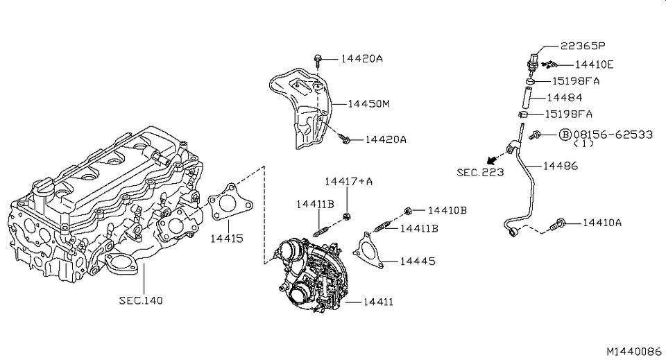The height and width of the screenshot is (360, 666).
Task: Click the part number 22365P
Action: coord(582,46)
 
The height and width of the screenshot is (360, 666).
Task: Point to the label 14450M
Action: coord(368,104)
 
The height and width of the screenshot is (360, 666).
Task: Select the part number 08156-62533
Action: coord(613,134)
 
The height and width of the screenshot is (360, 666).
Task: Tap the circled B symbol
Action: coord(565,134)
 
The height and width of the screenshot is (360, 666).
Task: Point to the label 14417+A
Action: coord(349,182)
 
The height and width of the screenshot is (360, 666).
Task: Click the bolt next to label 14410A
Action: coord(558,223)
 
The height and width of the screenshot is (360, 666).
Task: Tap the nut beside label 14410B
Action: coord(409,209)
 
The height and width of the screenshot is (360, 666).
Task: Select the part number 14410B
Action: coord(447,209)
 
